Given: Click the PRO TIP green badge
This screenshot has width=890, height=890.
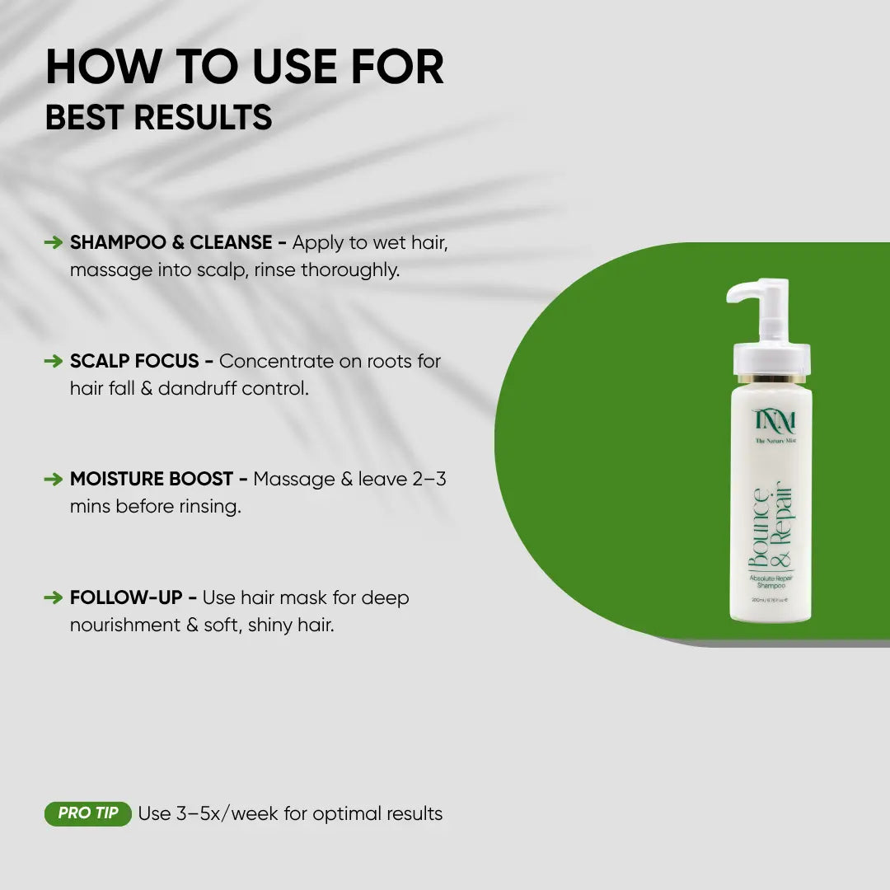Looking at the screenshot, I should pyautogui.click(x=87, y=813).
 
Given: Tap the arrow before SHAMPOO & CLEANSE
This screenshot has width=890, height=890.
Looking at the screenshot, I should pyautogui.click(x=54, y=242).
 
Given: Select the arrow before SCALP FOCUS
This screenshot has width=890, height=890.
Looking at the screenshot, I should pyautogui.click(x=54, y=361).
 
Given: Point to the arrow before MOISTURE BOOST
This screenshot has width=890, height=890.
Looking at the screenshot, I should pyautogui.click(x=54, y=479).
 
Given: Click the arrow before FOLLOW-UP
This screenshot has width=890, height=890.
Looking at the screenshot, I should pyautogui.click(x=54, y=597).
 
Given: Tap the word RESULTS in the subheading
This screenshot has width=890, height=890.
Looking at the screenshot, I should pyautogui.click(x=204, y=118).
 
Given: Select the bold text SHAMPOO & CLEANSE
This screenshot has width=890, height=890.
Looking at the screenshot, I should pyautogui.click(x=171, y=242).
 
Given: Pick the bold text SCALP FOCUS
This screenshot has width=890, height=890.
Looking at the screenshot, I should pyautogui.click(x=134, y=361).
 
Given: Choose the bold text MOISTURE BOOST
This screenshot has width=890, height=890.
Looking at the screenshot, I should pyautogui.click(x=152, y=479).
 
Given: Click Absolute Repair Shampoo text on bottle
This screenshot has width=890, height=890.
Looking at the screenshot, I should pyautogui.click(x=771, y=583).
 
